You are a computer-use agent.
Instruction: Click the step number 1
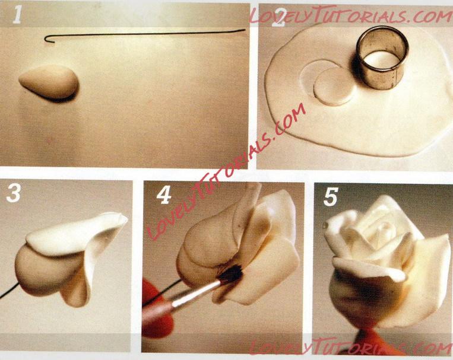17,15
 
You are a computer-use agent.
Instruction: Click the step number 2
278,17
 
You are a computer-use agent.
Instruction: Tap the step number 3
13,193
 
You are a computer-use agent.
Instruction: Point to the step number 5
331,196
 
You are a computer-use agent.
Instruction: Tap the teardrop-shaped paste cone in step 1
49,82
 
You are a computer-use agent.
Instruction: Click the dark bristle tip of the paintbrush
231,273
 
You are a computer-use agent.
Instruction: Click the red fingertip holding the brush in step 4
156,309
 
